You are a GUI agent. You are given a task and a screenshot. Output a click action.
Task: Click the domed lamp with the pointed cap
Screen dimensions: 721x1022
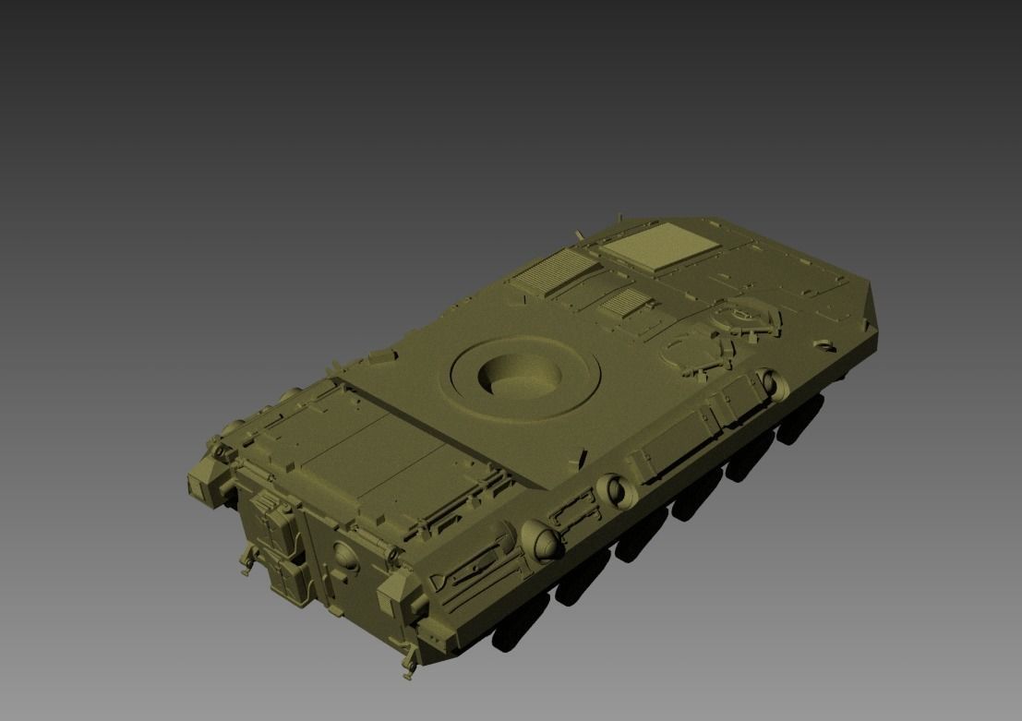[543, 541]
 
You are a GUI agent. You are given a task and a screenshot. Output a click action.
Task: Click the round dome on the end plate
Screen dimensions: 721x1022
[343, 554]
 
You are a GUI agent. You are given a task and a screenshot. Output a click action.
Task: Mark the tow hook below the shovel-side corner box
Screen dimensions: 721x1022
[406, 663]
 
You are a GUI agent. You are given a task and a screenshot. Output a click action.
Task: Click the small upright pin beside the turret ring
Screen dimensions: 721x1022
[582, 456]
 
